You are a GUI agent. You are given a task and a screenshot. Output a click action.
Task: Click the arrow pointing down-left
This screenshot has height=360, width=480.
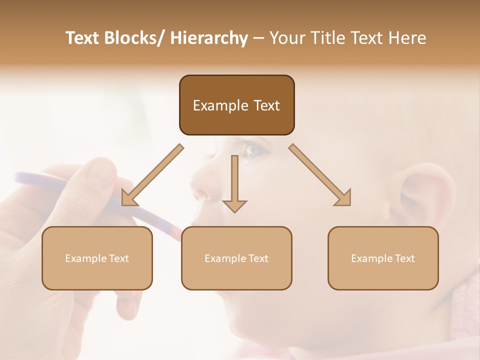(152, 175)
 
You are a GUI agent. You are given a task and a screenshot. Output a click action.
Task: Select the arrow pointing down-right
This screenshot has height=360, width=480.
(320, 175)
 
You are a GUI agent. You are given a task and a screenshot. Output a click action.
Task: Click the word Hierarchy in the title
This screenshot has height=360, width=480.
(209, 38)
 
